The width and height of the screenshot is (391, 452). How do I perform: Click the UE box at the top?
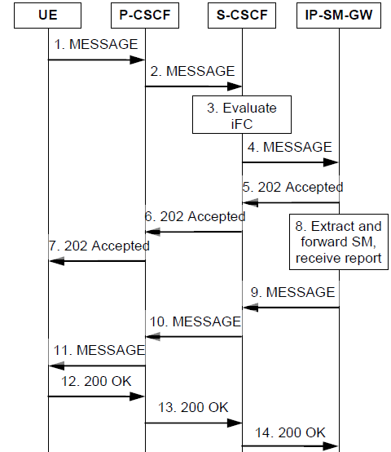[47, 16]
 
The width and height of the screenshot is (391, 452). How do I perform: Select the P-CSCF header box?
[145, 16]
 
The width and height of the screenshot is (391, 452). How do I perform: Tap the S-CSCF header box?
[242, 16]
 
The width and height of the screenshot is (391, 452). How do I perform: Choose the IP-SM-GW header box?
[338, 16]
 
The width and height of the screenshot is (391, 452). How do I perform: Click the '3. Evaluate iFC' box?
[241, 116]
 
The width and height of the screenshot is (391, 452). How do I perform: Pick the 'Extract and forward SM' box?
[339, 241]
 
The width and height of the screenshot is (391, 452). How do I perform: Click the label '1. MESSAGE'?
[97, 44]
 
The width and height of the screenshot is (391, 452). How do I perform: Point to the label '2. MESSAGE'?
[194, 71]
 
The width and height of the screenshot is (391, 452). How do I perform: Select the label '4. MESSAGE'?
[291, 147]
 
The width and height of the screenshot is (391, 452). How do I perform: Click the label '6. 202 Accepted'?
[194, 216]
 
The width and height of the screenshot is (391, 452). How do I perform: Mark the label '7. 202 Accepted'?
[98, 246]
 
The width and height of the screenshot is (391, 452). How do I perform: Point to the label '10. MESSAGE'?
[193, 321]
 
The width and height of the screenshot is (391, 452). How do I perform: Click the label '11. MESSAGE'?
[98, 350]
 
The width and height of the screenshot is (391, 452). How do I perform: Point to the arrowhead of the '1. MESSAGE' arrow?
[138, 60]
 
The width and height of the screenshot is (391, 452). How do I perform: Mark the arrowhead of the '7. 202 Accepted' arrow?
[55, 261]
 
